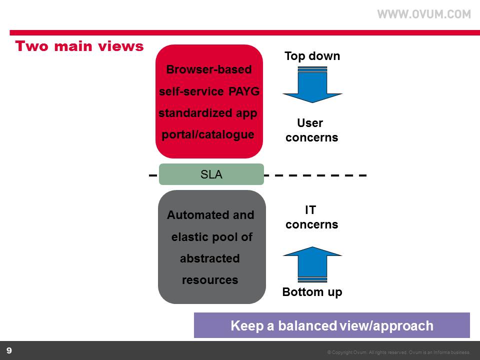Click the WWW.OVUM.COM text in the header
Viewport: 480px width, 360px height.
pyautogui.click(x=424, y=14)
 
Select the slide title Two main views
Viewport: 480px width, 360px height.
pyautogui.click(x=79, y=46)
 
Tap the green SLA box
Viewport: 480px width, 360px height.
pyautogui.click(x=211, y=174)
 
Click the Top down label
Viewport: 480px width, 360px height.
pyautogui.click(x=312, y=56)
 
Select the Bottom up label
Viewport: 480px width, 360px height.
pyautogui.click(x=312, y=292)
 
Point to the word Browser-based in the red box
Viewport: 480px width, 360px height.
pyautogui.click(x=208, y=70)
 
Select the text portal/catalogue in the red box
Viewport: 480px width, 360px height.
pyautogui.click(x=208, y=134)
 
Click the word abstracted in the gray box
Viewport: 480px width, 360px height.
pyautogui.click(x=209, y=258)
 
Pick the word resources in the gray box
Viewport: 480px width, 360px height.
pyautogui.click(x=209, y=280)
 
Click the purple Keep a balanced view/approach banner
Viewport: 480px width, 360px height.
pyautogui.click(x=331, y=325)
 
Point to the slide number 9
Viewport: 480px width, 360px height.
pyautogui.click(x=9, y=350)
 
